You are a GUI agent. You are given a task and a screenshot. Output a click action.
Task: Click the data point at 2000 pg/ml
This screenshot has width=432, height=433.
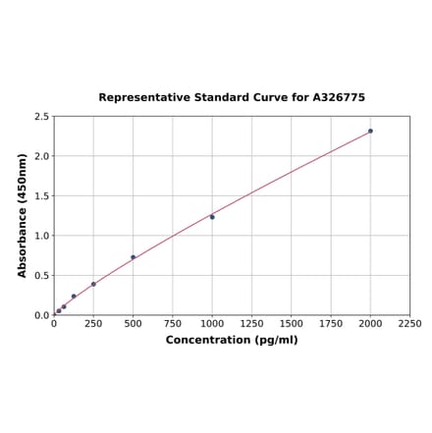(370, 131)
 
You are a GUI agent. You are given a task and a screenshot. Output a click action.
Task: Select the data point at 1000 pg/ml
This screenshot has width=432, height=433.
(212, 217)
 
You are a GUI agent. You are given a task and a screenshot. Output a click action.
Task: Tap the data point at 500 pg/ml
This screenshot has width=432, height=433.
(134, 257)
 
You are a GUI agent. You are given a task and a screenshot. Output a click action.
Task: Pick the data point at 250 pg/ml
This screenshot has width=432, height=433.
(93, 284)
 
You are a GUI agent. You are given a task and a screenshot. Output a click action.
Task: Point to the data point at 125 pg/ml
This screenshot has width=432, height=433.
(74, 297)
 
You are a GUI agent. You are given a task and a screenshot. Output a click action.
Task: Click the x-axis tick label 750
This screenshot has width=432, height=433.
(173, 324)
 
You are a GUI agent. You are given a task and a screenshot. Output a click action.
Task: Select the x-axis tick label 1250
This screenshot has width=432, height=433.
(251, 324)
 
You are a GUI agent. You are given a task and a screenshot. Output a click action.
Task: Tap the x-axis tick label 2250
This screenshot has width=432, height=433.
(409, 324)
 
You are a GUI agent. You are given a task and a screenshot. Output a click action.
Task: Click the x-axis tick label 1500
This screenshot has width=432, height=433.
(292, 324)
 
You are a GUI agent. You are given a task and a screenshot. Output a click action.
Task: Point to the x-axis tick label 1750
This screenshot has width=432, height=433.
(331, 324)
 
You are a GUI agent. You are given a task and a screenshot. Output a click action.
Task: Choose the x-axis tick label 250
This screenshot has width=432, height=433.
(93, 324)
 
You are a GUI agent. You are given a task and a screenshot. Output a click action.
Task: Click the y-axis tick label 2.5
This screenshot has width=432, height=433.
(42, 117)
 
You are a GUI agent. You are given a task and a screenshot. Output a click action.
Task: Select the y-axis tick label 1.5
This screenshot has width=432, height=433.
(42, 196)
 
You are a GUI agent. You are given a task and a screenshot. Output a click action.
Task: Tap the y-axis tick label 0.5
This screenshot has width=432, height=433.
(42, 276)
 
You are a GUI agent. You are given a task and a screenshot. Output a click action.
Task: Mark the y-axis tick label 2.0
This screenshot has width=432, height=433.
(42, 156)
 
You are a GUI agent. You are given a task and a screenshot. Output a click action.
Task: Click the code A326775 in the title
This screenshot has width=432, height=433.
(339, 98)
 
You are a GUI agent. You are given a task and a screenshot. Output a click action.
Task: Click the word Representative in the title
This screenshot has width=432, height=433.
(137, 98)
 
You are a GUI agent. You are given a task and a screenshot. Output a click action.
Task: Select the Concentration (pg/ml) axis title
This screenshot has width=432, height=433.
(232, 340)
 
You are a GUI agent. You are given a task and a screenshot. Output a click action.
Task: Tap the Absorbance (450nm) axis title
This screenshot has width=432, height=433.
(23, 215)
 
